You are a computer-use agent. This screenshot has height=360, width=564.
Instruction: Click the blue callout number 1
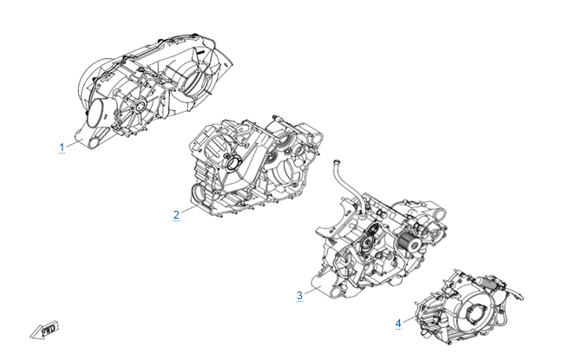point(62,147)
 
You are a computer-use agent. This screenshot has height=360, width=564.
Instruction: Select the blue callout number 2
point(176,215)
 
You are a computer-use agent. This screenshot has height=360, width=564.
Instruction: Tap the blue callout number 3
point(299,296)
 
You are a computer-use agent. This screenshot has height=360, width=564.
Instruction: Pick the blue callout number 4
point(398,323)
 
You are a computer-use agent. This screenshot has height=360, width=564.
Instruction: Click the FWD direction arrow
point(44,330)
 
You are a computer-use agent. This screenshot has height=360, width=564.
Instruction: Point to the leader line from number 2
point(189,210)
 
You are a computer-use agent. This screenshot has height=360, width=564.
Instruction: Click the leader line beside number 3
point(312,291)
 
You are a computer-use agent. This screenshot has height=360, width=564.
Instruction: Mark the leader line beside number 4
point(410,318)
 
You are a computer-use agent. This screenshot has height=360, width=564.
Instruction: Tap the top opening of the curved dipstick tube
point(338,161)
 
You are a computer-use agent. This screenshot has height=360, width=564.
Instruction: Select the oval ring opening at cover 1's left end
point(95,112)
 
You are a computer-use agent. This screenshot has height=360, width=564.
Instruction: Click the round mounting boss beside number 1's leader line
point(94,143)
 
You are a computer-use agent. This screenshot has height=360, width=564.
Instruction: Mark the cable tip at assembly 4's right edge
point(520,297)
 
